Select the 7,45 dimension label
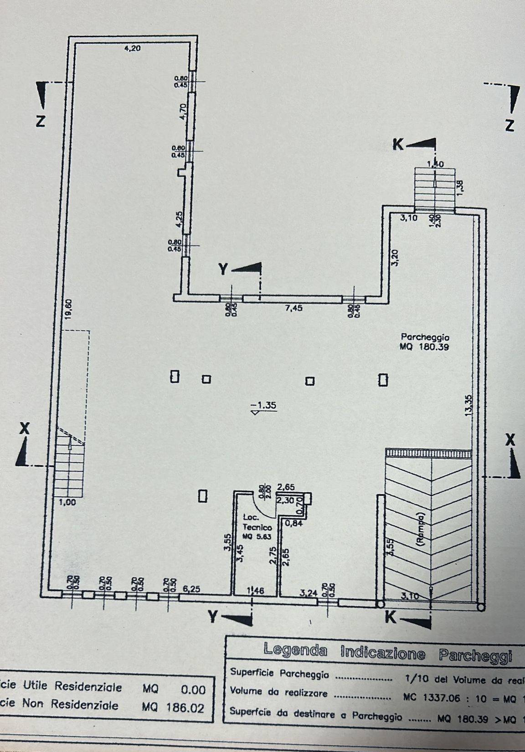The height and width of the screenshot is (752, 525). click(x=293, y=309)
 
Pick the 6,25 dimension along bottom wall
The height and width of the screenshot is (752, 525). click(x=191, y=589)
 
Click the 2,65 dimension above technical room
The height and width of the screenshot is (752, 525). click(x=286, y=487)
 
